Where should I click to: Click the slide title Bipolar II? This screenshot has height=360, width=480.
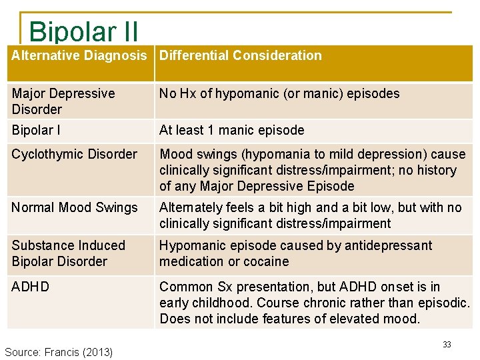point(83,31)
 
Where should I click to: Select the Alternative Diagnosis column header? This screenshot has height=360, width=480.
point(79,55)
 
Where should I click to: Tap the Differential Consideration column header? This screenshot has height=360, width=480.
point(240,55)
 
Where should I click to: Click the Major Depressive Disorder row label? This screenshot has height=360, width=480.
point(63,101)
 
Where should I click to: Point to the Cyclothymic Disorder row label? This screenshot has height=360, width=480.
point(74,154)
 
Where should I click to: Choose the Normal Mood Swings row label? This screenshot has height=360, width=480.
point(75,207)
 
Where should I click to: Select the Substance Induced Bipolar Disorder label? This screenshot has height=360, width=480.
point(68,253)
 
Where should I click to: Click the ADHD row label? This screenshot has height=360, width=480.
point(31,287)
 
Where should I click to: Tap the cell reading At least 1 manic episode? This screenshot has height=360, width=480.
point(231,130)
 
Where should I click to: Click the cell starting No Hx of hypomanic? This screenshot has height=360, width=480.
point(279,93)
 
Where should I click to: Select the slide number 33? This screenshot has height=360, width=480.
point(447,345)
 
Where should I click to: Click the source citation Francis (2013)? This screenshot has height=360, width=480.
point(59,351)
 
